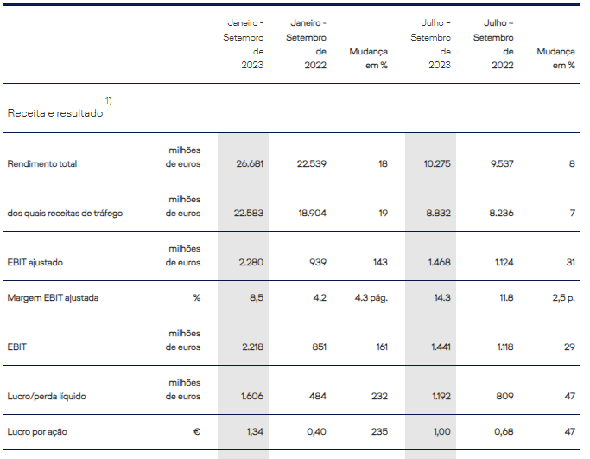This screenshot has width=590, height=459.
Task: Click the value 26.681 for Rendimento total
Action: [x=249, y=163]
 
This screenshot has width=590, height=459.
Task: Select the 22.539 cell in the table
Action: [x=312, y=163]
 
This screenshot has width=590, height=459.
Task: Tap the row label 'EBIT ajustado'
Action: [x=35, y=262]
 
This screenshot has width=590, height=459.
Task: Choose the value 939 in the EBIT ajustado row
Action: [x=317, y=262]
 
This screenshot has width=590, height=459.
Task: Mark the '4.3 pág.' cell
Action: [x=371, y=298]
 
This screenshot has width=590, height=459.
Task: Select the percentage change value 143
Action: [x=379, y=262]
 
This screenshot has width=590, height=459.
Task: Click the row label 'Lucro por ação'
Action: [x=37, y=431]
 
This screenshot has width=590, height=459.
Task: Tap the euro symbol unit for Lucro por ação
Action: [x=197, y=431]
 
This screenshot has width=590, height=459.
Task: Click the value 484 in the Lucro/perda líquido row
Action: [x=317, y=397]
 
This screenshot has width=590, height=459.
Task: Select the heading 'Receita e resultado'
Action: [x=55, y=113]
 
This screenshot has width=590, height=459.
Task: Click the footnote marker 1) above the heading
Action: [x=109, y=101]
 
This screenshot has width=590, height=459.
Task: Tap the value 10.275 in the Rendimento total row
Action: [x=435, y=163]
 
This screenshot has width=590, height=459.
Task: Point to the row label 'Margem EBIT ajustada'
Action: [x=53, y=298]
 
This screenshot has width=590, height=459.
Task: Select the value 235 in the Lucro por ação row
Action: [x=379, y=431]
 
